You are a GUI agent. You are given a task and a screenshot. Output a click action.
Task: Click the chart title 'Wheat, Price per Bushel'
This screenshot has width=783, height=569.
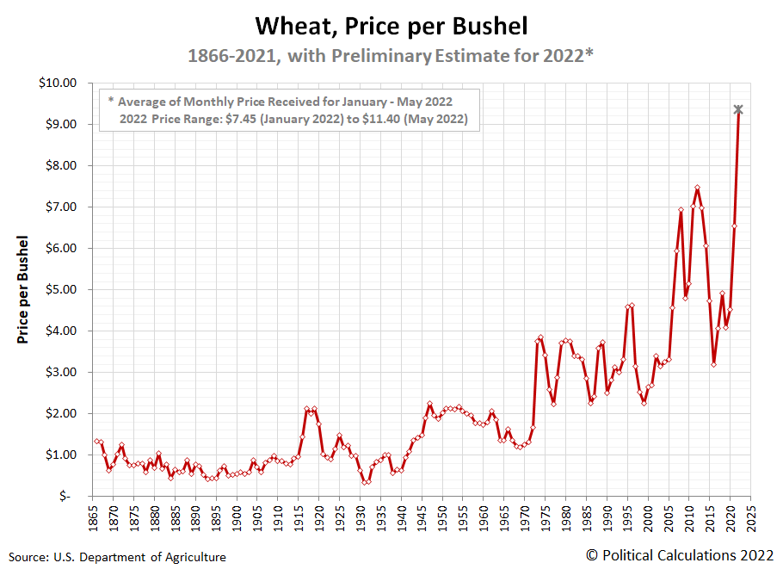[391, 25]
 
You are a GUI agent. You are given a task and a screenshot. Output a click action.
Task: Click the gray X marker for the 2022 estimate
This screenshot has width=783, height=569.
[738, 109]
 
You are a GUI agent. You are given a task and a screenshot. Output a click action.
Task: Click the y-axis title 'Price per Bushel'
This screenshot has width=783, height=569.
[23, 288]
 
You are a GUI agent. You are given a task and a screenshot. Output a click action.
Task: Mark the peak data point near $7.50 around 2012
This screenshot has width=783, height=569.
[697, 188]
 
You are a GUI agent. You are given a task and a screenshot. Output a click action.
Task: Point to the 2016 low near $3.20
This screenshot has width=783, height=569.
[714, 364]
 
